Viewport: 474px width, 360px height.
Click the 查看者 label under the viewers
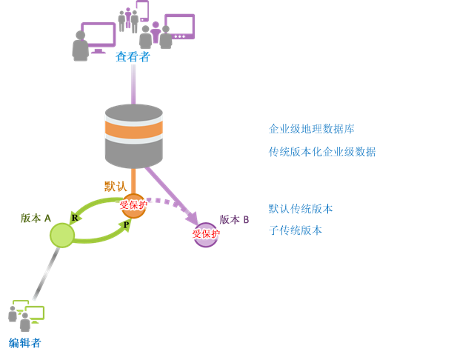click(133, 57)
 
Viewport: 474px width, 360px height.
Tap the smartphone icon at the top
click(142, 10)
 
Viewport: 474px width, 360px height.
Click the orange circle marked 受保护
click(134, 205)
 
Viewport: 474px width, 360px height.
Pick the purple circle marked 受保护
click(205, 235)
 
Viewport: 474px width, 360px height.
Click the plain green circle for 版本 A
click(62, 236)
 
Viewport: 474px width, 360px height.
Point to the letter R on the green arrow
click(75, 217)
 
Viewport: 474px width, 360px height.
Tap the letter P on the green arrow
click(127, 224)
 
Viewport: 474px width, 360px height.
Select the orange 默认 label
click(115, 186)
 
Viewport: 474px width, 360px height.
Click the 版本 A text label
click(36, 219)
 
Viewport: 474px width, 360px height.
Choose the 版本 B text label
click(234, 220)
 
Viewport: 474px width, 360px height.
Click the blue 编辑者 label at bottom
click(25, 343)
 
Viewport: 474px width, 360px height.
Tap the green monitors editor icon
click(27, 316)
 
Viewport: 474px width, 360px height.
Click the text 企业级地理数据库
click(311, 129)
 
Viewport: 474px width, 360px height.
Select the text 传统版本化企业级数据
click(322, 152)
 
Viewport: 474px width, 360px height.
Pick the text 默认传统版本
click(301, 209)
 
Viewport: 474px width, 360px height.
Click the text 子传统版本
click(296, 230)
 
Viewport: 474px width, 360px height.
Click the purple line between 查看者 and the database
click(133, 84)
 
